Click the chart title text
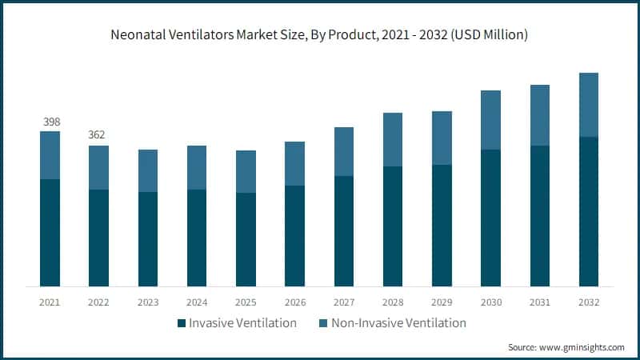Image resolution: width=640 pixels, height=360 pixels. coord(320,35)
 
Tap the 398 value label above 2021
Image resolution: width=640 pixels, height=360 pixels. coord(50,121)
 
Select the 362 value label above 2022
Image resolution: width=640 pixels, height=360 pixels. coord(98,135)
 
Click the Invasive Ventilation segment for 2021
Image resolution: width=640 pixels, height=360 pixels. coord(50,232)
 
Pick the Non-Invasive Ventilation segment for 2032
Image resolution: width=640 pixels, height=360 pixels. coord(589,105)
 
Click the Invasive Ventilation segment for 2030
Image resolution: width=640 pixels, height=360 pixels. coord(490,218)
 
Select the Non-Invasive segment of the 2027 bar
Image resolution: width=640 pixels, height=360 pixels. coord(344,151)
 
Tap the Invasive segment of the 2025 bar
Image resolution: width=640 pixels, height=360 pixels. coord(246,239)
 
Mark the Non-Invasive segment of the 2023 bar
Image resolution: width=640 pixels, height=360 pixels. coord(148,170)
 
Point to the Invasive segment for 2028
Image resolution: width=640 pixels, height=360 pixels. coord(393,226)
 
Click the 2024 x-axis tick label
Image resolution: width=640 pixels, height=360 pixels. coord(197,302)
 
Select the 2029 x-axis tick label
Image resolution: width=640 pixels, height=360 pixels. coord(442,302)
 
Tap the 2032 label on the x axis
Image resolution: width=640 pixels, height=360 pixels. coord(589,302)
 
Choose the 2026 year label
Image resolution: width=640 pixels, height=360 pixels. coord(295,302)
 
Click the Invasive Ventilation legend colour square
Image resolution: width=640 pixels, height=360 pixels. coord(182,323)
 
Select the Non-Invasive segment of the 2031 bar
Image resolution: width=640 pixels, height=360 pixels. coord(540,115)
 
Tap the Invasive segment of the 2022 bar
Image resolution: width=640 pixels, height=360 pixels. coord(98,238)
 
